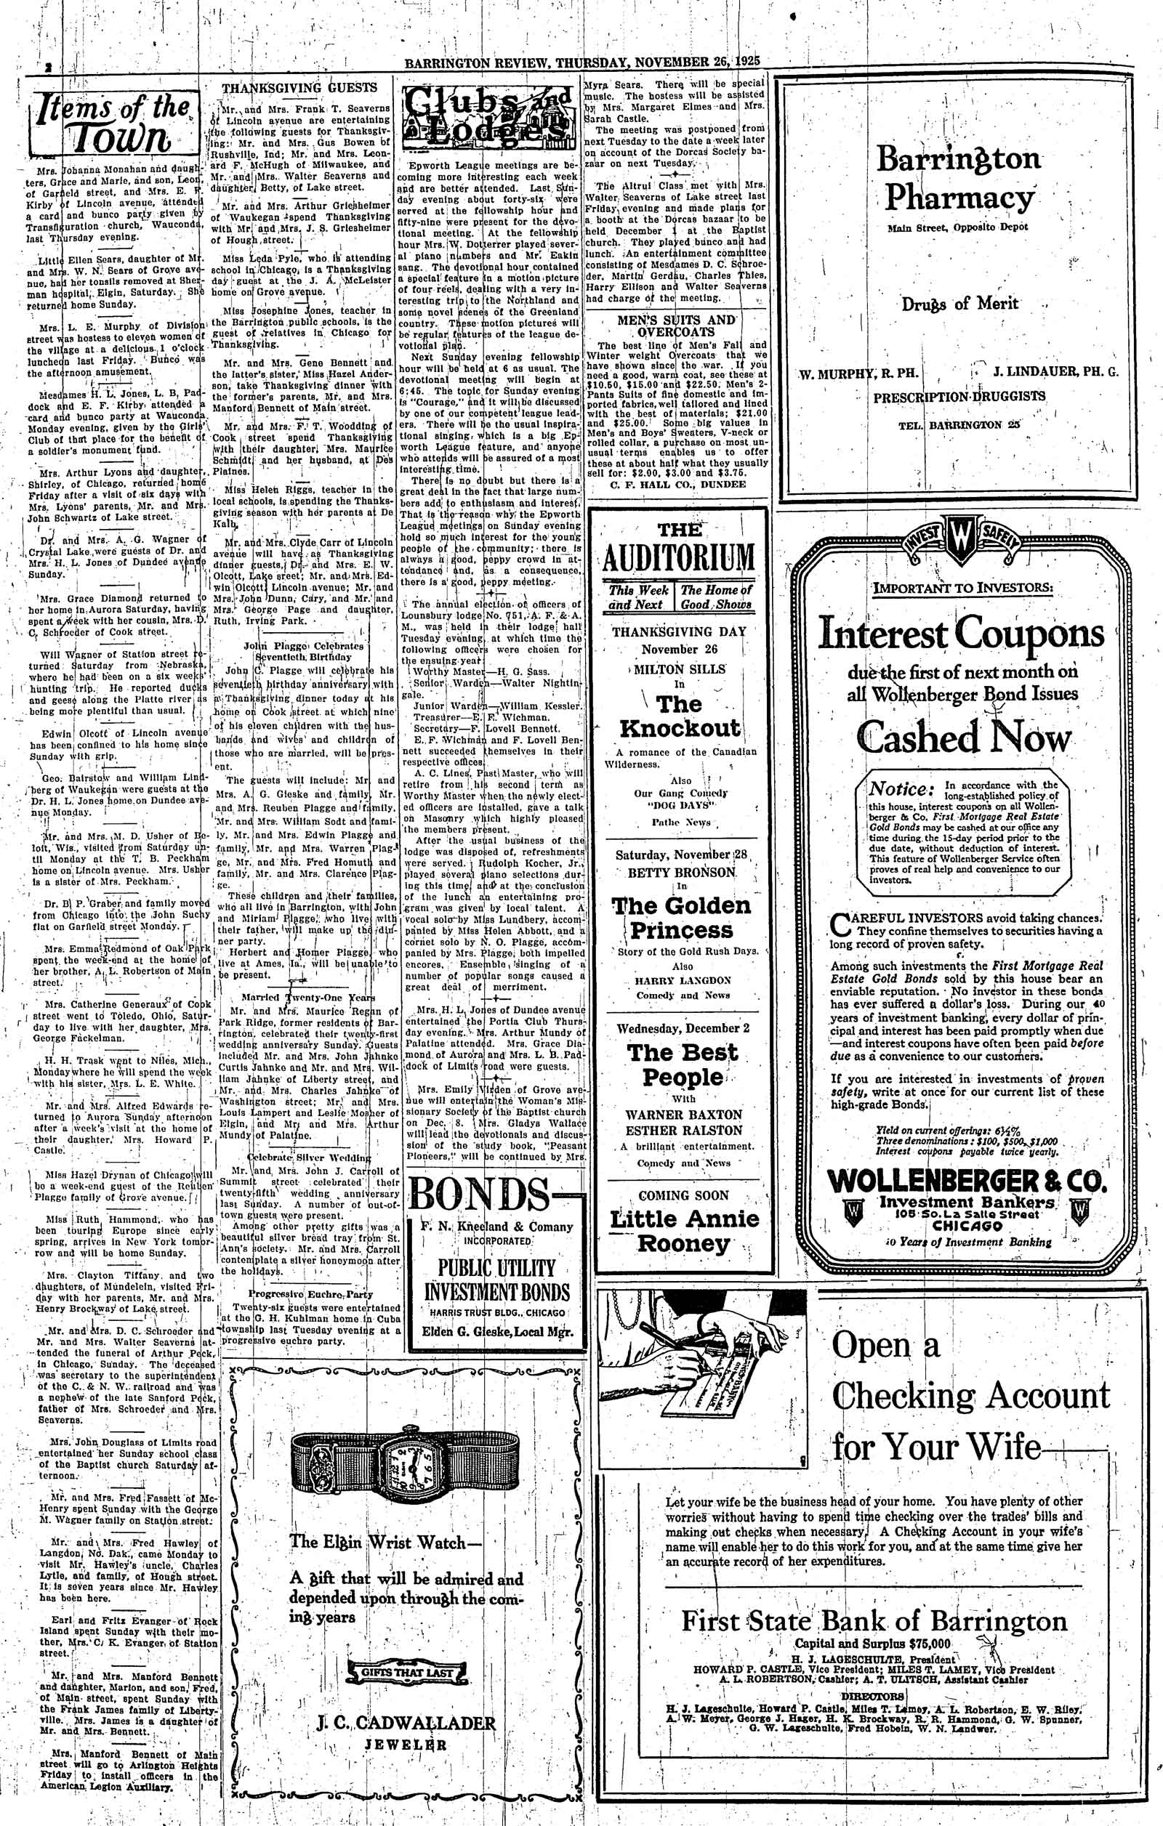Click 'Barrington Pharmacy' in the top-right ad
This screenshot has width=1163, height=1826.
[x=959, y=178]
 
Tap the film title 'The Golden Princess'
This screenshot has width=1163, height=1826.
[x=680, y=918]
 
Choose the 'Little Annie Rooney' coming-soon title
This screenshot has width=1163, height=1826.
[x=684, y=1230]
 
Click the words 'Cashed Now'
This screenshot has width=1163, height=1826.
[x=965, y=735]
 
